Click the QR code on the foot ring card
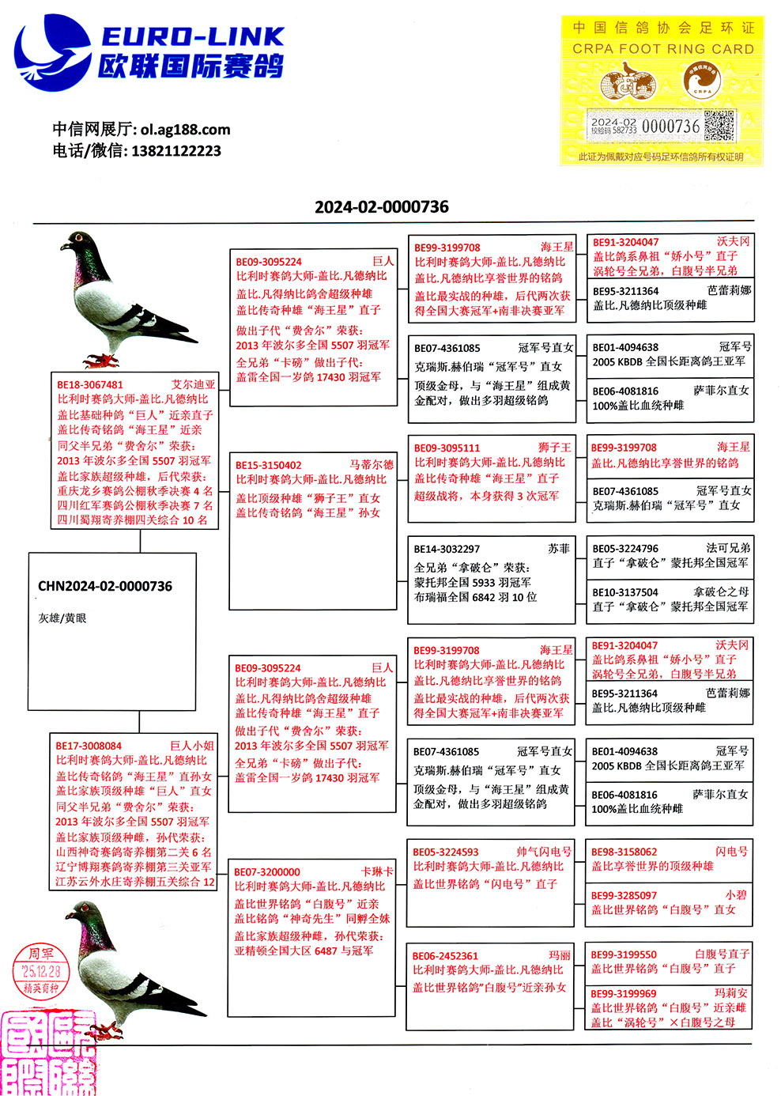click(x=719, y=126)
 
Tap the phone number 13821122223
click(x=176, y=151)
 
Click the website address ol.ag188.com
click(x=186, y=130)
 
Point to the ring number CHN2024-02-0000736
click(x=105, y=587)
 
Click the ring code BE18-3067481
click(x=90, y=385)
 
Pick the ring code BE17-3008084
click(x=89, y=746)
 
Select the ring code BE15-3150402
click(x=269, y=466)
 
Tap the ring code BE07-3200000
click(x=267, y=872)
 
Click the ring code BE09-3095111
click(x=447, y=448)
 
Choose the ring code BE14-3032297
click(x=447, y=549)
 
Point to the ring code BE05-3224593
click(x=446, y=852)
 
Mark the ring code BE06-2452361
click(x=445, y=956)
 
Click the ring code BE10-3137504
click(x=625, y=592)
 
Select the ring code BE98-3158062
click(x=624, y=852)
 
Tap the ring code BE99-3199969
click(x=624, y=994)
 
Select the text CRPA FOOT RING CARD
click(x=662, y=49)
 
